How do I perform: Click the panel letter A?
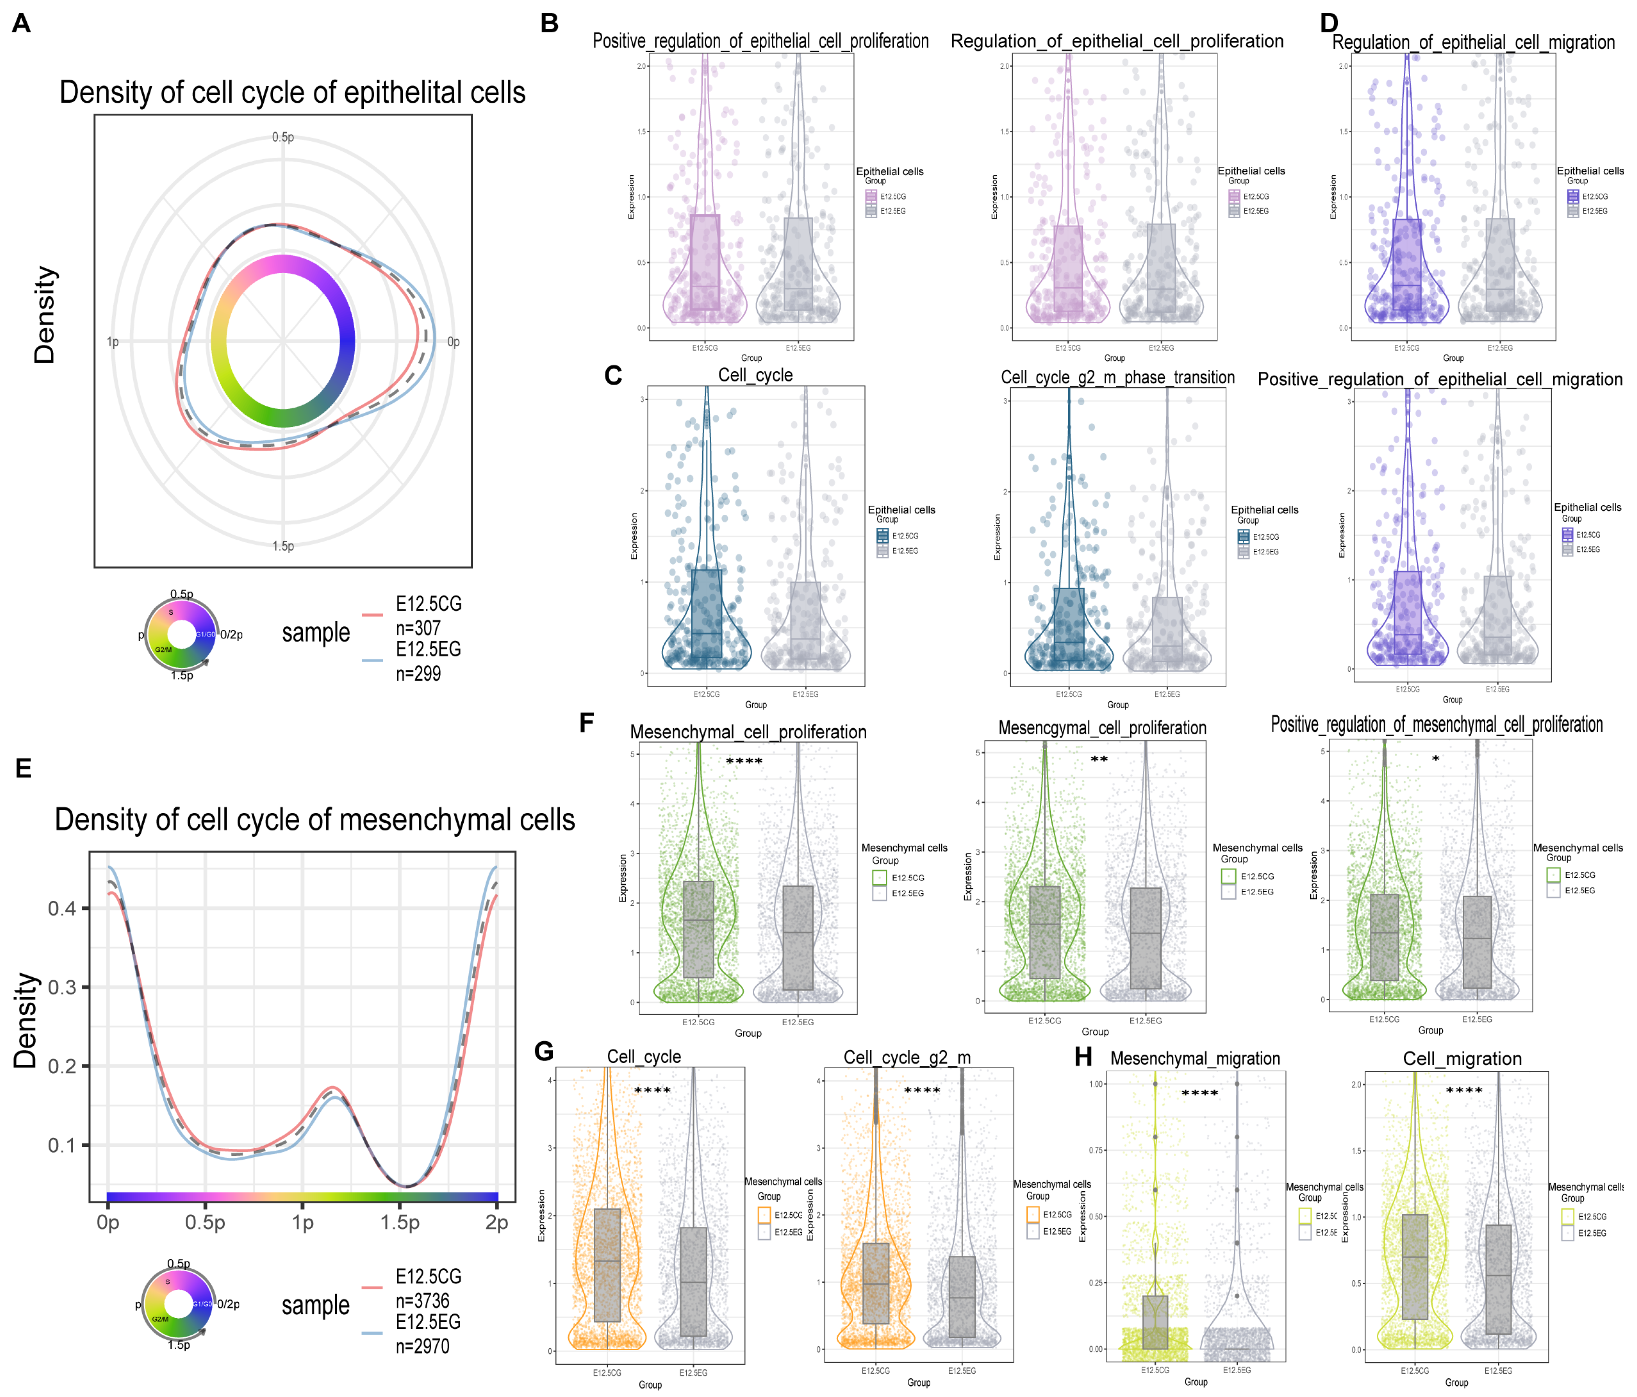click(x=22, y=24)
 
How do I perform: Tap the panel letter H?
click(x=1083, y=1057)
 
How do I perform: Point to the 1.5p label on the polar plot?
click(x=283, y=546)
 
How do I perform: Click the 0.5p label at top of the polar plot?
click(x=283, y=137)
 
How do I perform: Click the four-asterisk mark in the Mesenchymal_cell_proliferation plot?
click(x=744, y=762)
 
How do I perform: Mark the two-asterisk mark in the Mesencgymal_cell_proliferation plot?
click(x=1099, y=760)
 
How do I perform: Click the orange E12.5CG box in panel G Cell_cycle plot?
click(x=607, y=1264)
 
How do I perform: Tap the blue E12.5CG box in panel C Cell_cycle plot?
click(x=706, y=613)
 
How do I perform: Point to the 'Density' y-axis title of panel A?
click(x=45, y=314)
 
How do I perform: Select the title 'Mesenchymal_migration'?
click(x=1194, y=1059)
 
